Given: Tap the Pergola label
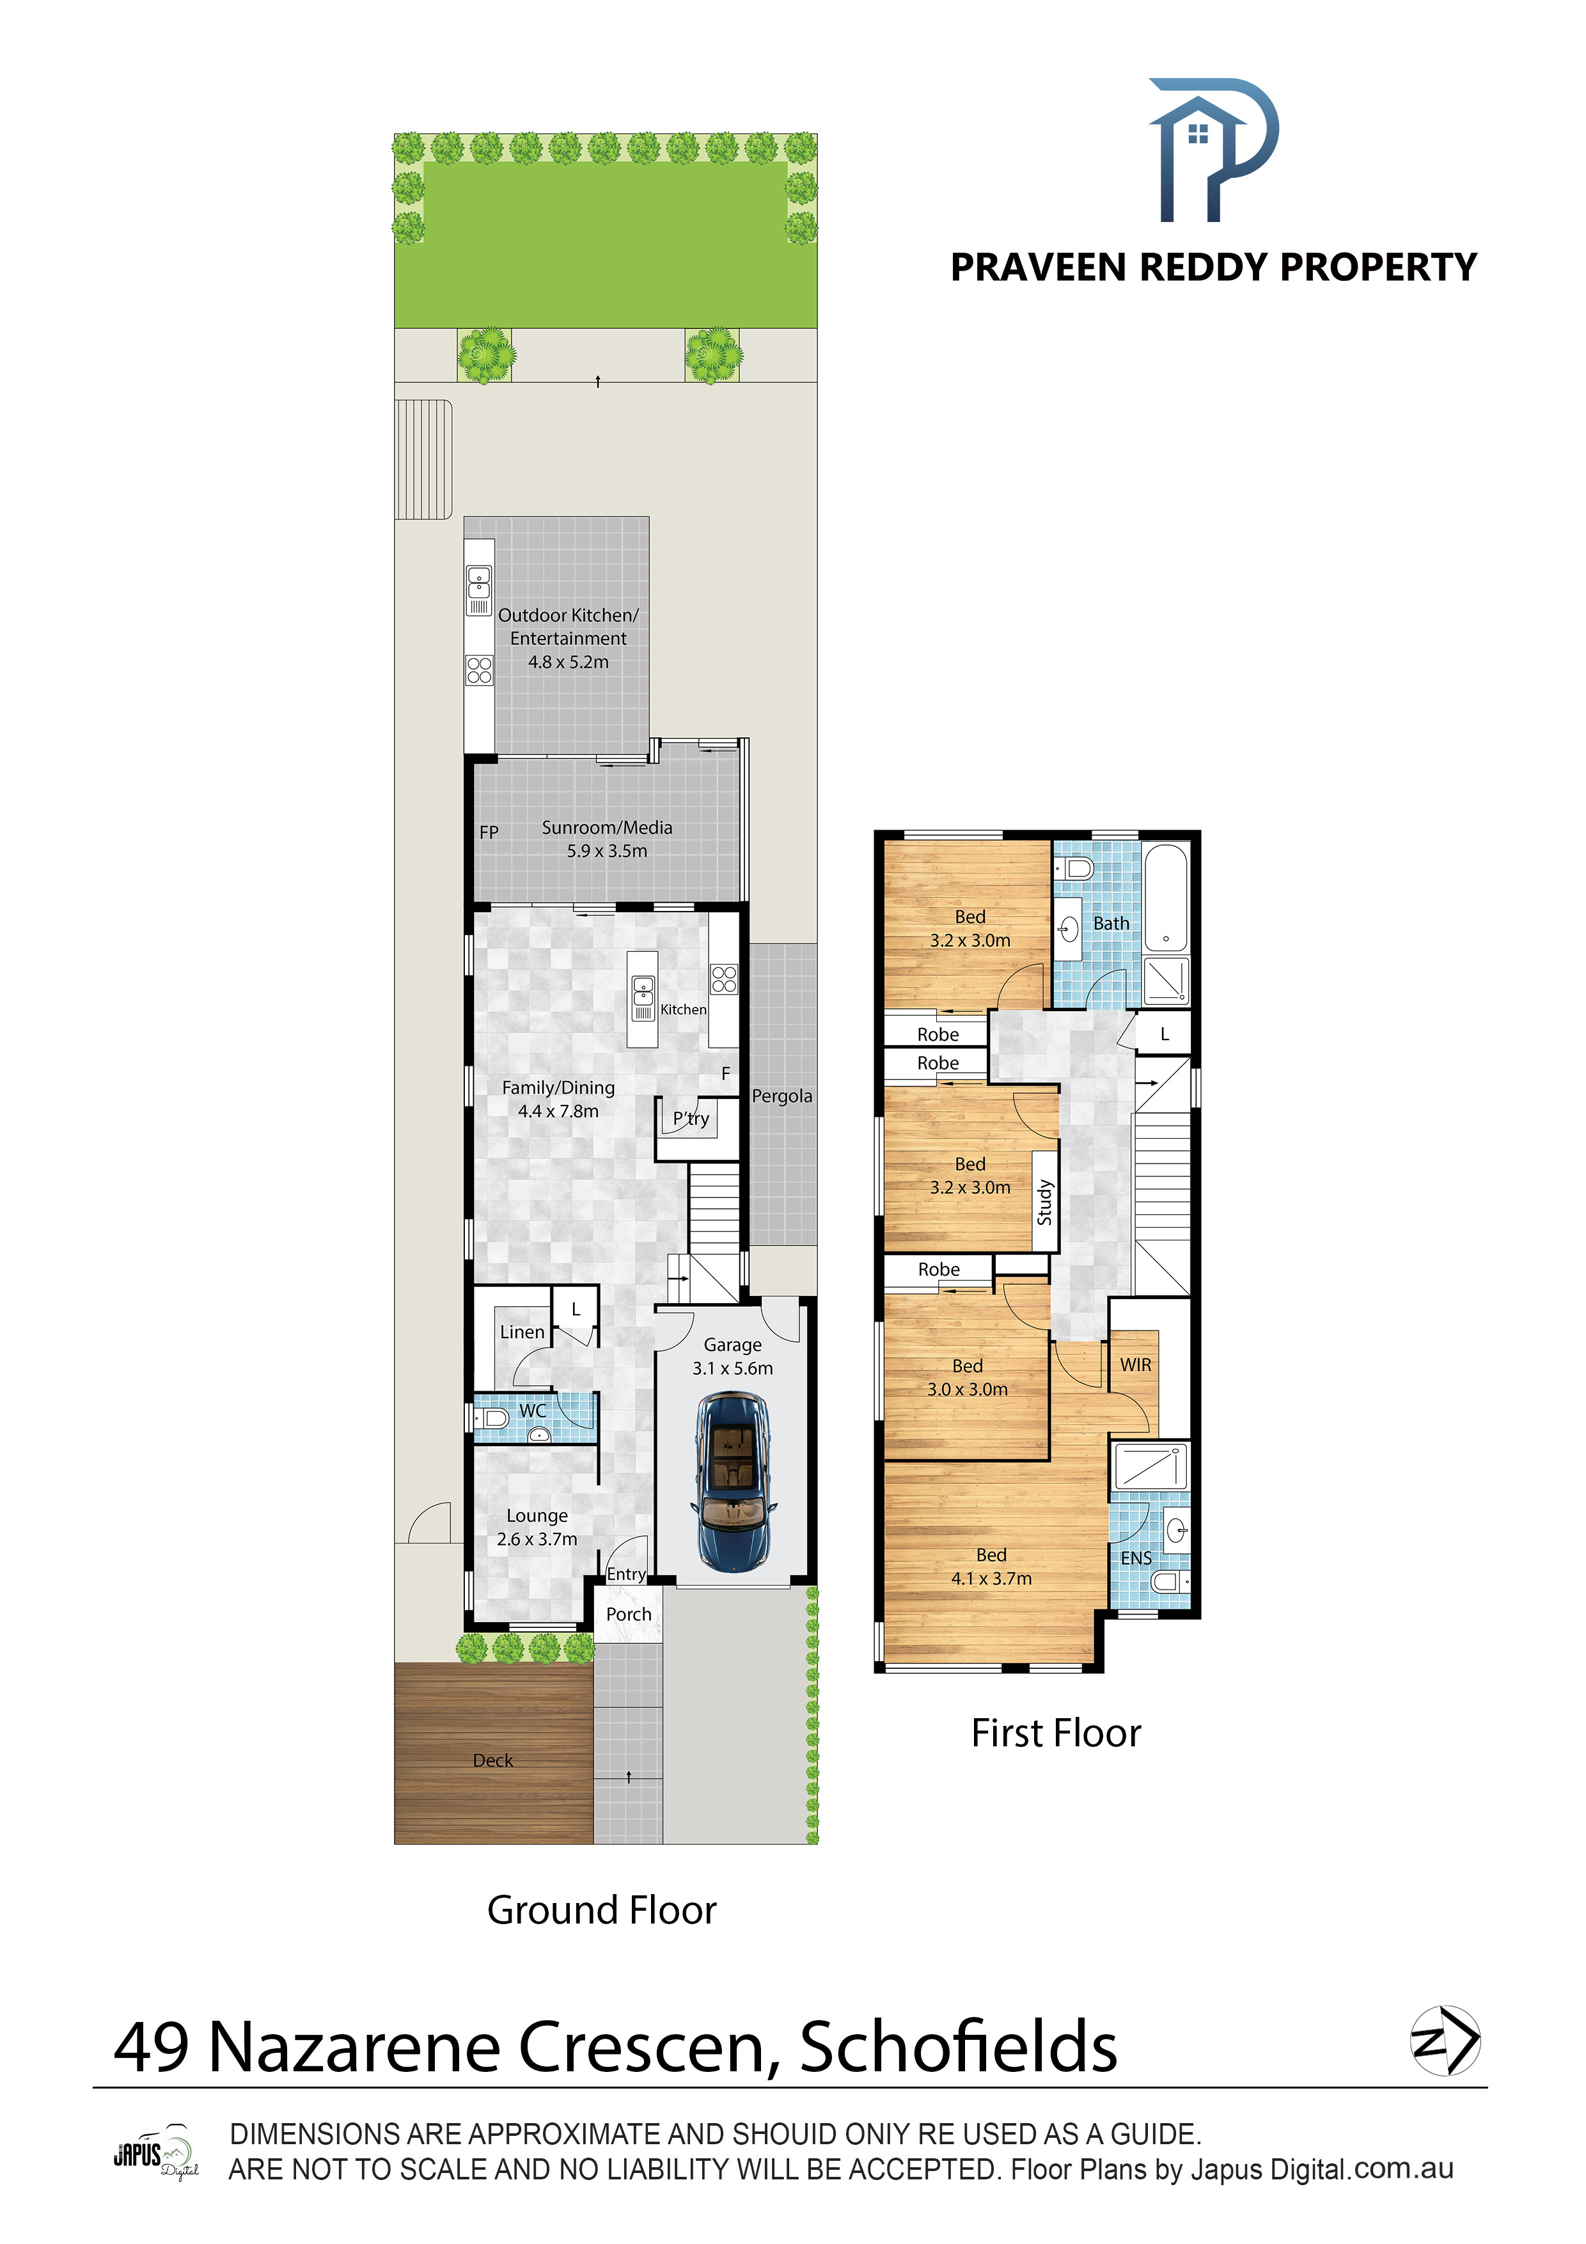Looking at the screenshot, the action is pyautogui.click(x=781, y=1096).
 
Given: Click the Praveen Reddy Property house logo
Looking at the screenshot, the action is pyautogui.click(x=1213, y=150).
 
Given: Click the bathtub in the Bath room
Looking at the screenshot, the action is pyautogui.click(x=1166, y=897).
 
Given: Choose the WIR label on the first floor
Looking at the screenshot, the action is pyautogui.click(x=1136, y=1364).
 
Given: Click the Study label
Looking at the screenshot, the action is pyautogui.click(x=1044, y=1202).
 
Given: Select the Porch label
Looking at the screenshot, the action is pyautogui.click(x=629, y=1615).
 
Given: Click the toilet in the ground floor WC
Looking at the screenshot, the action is pyautogui.click(x=492, y=1418).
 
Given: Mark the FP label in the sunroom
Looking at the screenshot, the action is pyautogui.click(x=489, y=833).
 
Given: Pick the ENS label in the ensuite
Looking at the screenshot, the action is pyautogui.click(x=1136, y=1558).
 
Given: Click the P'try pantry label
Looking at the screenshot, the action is pyautogui.click(x=691, y=1119).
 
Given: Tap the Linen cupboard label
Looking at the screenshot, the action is pyautogui.click(x=522, y=1332).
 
